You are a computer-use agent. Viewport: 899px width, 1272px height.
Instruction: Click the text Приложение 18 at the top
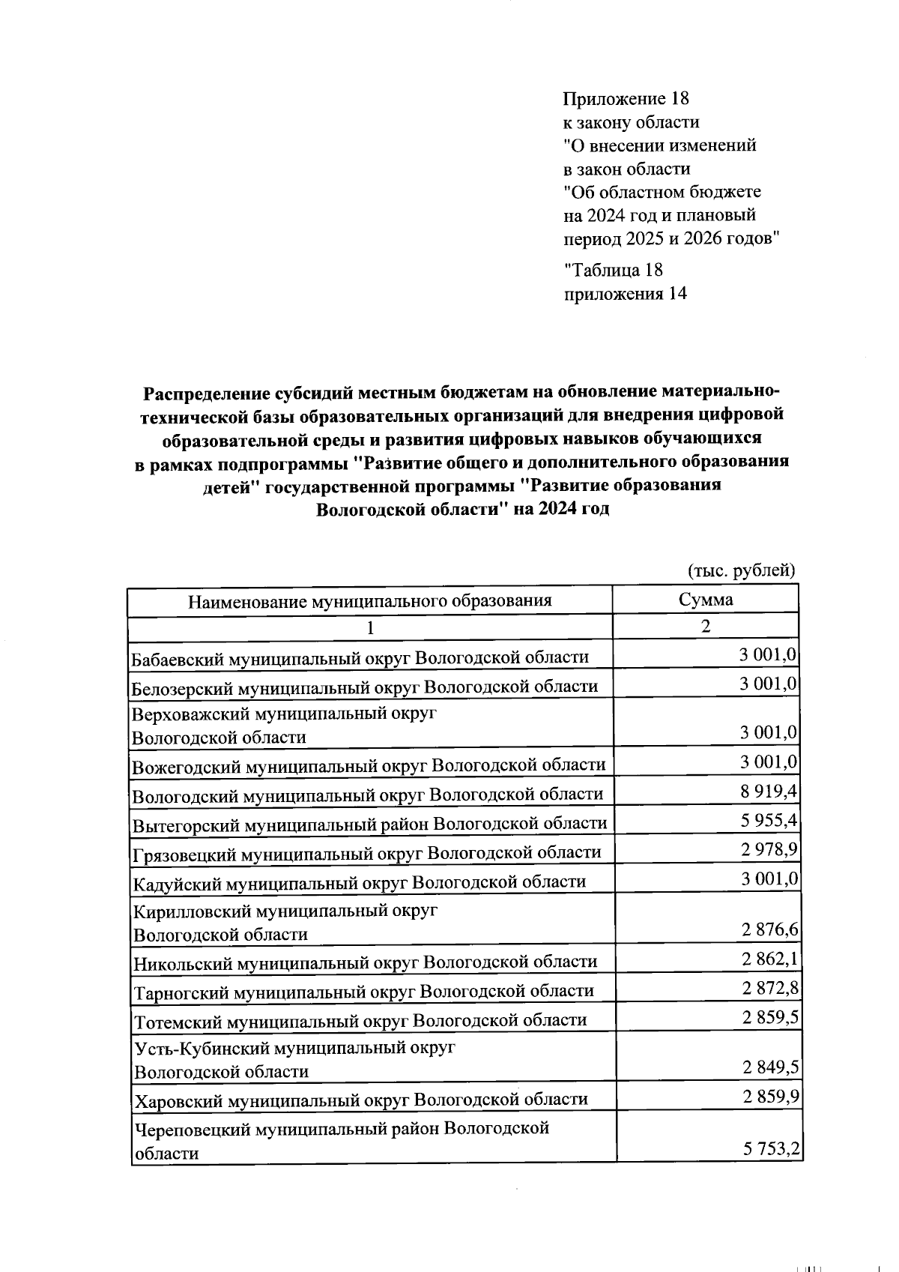pyautogui.click(x=626, y=98)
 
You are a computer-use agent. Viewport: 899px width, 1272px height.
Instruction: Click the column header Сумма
pyautogui.click(x=705, y=599)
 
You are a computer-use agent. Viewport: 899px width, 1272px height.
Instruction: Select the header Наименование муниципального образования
pyautogui.click(x=369, y=600)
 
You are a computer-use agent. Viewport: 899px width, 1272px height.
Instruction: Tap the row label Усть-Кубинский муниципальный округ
pyautogui.click(x=294, y=1048)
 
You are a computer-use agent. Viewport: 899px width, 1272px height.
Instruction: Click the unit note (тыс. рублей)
pyautogui.click(x=741, y=570)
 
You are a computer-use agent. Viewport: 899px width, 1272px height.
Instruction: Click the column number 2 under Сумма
pyautogui.click(x=705, y=627)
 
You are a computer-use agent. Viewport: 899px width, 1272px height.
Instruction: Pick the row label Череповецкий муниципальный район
pyautogui.click(x=342, y=1128)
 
